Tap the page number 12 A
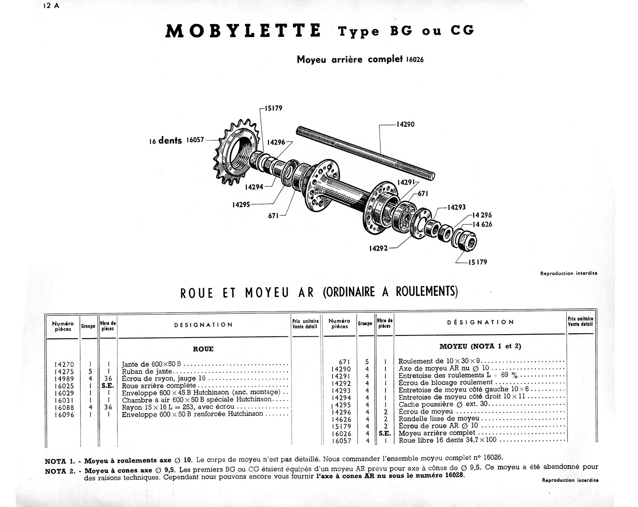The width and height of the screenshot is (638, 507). click(x=51, y=6)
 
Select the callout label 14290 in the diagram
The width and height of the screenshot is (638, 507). click(x=405, y=125)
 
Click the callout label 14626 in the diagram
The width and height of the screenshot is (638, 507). click(x=482, y=225)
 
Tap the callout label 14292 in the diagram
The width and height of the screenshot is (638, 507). click(x=378, y=248)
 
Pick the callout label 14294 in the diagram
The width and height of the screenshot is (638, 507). click(x=254, y=187)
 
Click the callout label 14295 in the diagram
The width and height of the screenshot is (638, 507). click(x=241, y=205)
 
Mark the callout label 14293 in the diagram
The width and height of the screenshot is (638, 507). click(x=457, y=207)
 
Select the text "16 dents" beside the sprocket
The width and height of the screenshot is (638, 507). click(x=165, y=141)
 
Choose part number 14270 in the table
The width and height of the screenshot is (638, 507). click(x=64, y=364)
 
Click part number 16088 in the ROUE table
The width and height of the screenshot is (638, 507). click(x=64, y=407)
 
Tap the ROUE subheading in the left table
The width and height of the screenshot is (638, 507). click(x=203, y=349)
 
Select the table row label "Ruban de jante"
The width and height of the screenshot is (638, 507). click(x=144, y=372)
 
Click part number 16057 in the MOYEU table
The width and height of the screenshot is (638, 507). click(x=340, y=440)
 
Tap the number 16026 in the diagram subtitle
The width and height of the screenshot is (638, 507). click(x=414, y=60)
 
